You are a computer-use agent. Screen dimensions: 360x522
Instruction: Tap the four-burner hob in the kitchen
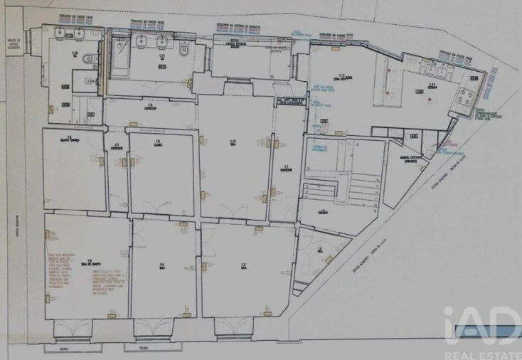(467, 101)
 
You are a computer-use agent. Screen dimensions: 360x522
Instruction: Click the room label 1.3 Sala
(243, 266)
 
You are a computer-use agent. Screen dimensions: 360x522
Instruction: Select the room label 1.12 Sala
(233, 143)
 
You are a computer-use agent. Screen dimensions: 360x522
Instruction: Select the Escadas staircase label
(323, 211)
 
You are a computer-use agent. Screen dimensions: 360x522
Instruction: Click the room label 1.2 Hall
(320, 250)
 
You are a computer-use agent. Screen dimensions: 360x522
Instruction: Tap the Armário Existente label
(407, 161)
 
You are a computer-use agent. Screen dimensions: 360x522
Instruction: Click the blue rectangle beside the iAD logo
(510, 330)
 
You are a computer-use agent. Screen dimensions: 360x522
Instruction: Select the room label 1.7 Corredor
(117, 147)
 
